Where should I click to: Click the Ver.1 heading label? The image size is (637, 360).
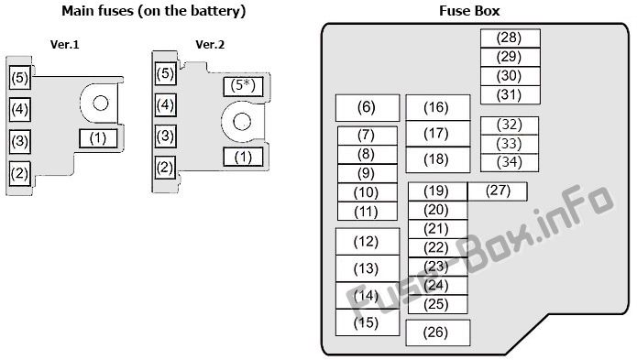[x=64, y=44]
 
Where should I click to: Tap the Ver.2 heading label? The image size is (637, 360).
[x=210, y=44]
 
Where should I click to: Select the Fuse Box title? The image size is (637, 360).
[x=469, y=11]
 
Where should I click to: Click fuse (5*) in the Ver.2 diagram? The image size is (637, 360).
[x=243, y=86]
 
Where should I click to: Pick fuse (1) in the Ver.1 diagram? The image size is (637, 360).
[x=98, y=138]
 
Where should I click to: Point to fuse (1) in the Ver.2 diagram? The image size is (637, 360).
[x=243, y=157]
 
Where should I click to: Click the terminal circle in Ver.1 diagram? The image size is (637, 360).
[x=100, y=104]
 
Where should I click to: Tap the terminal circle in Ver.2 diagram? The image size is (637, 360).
[x=242, y=121]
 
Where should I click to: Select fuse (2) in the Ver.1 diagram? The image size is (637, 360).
[x=20, y=174]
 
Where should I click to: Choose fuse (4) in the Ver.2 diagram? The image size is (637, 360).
[x=165, y=105]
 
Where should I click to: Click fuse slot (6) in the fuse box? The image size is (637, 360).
[x=368, y=108]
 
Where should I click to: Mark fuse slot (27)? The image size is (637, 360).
[x=498, y=191]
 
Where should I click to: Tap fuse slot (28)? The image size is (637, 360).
[x=511, y=38]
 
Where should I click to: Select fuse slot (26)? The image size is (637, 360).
[x=438, y=333]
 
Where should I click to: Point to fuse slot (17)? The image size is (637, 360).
[x=438, y=134]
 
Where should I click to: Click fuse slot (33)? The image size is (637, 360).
[x=510, y=144]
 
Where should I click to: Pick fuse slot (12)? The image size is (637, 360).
[x=368, y=242]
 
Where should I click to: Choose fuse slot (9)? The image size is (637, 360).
[x=368, y=173]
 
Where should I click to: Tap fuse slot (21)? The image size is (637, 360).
[x=438, y=229]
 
